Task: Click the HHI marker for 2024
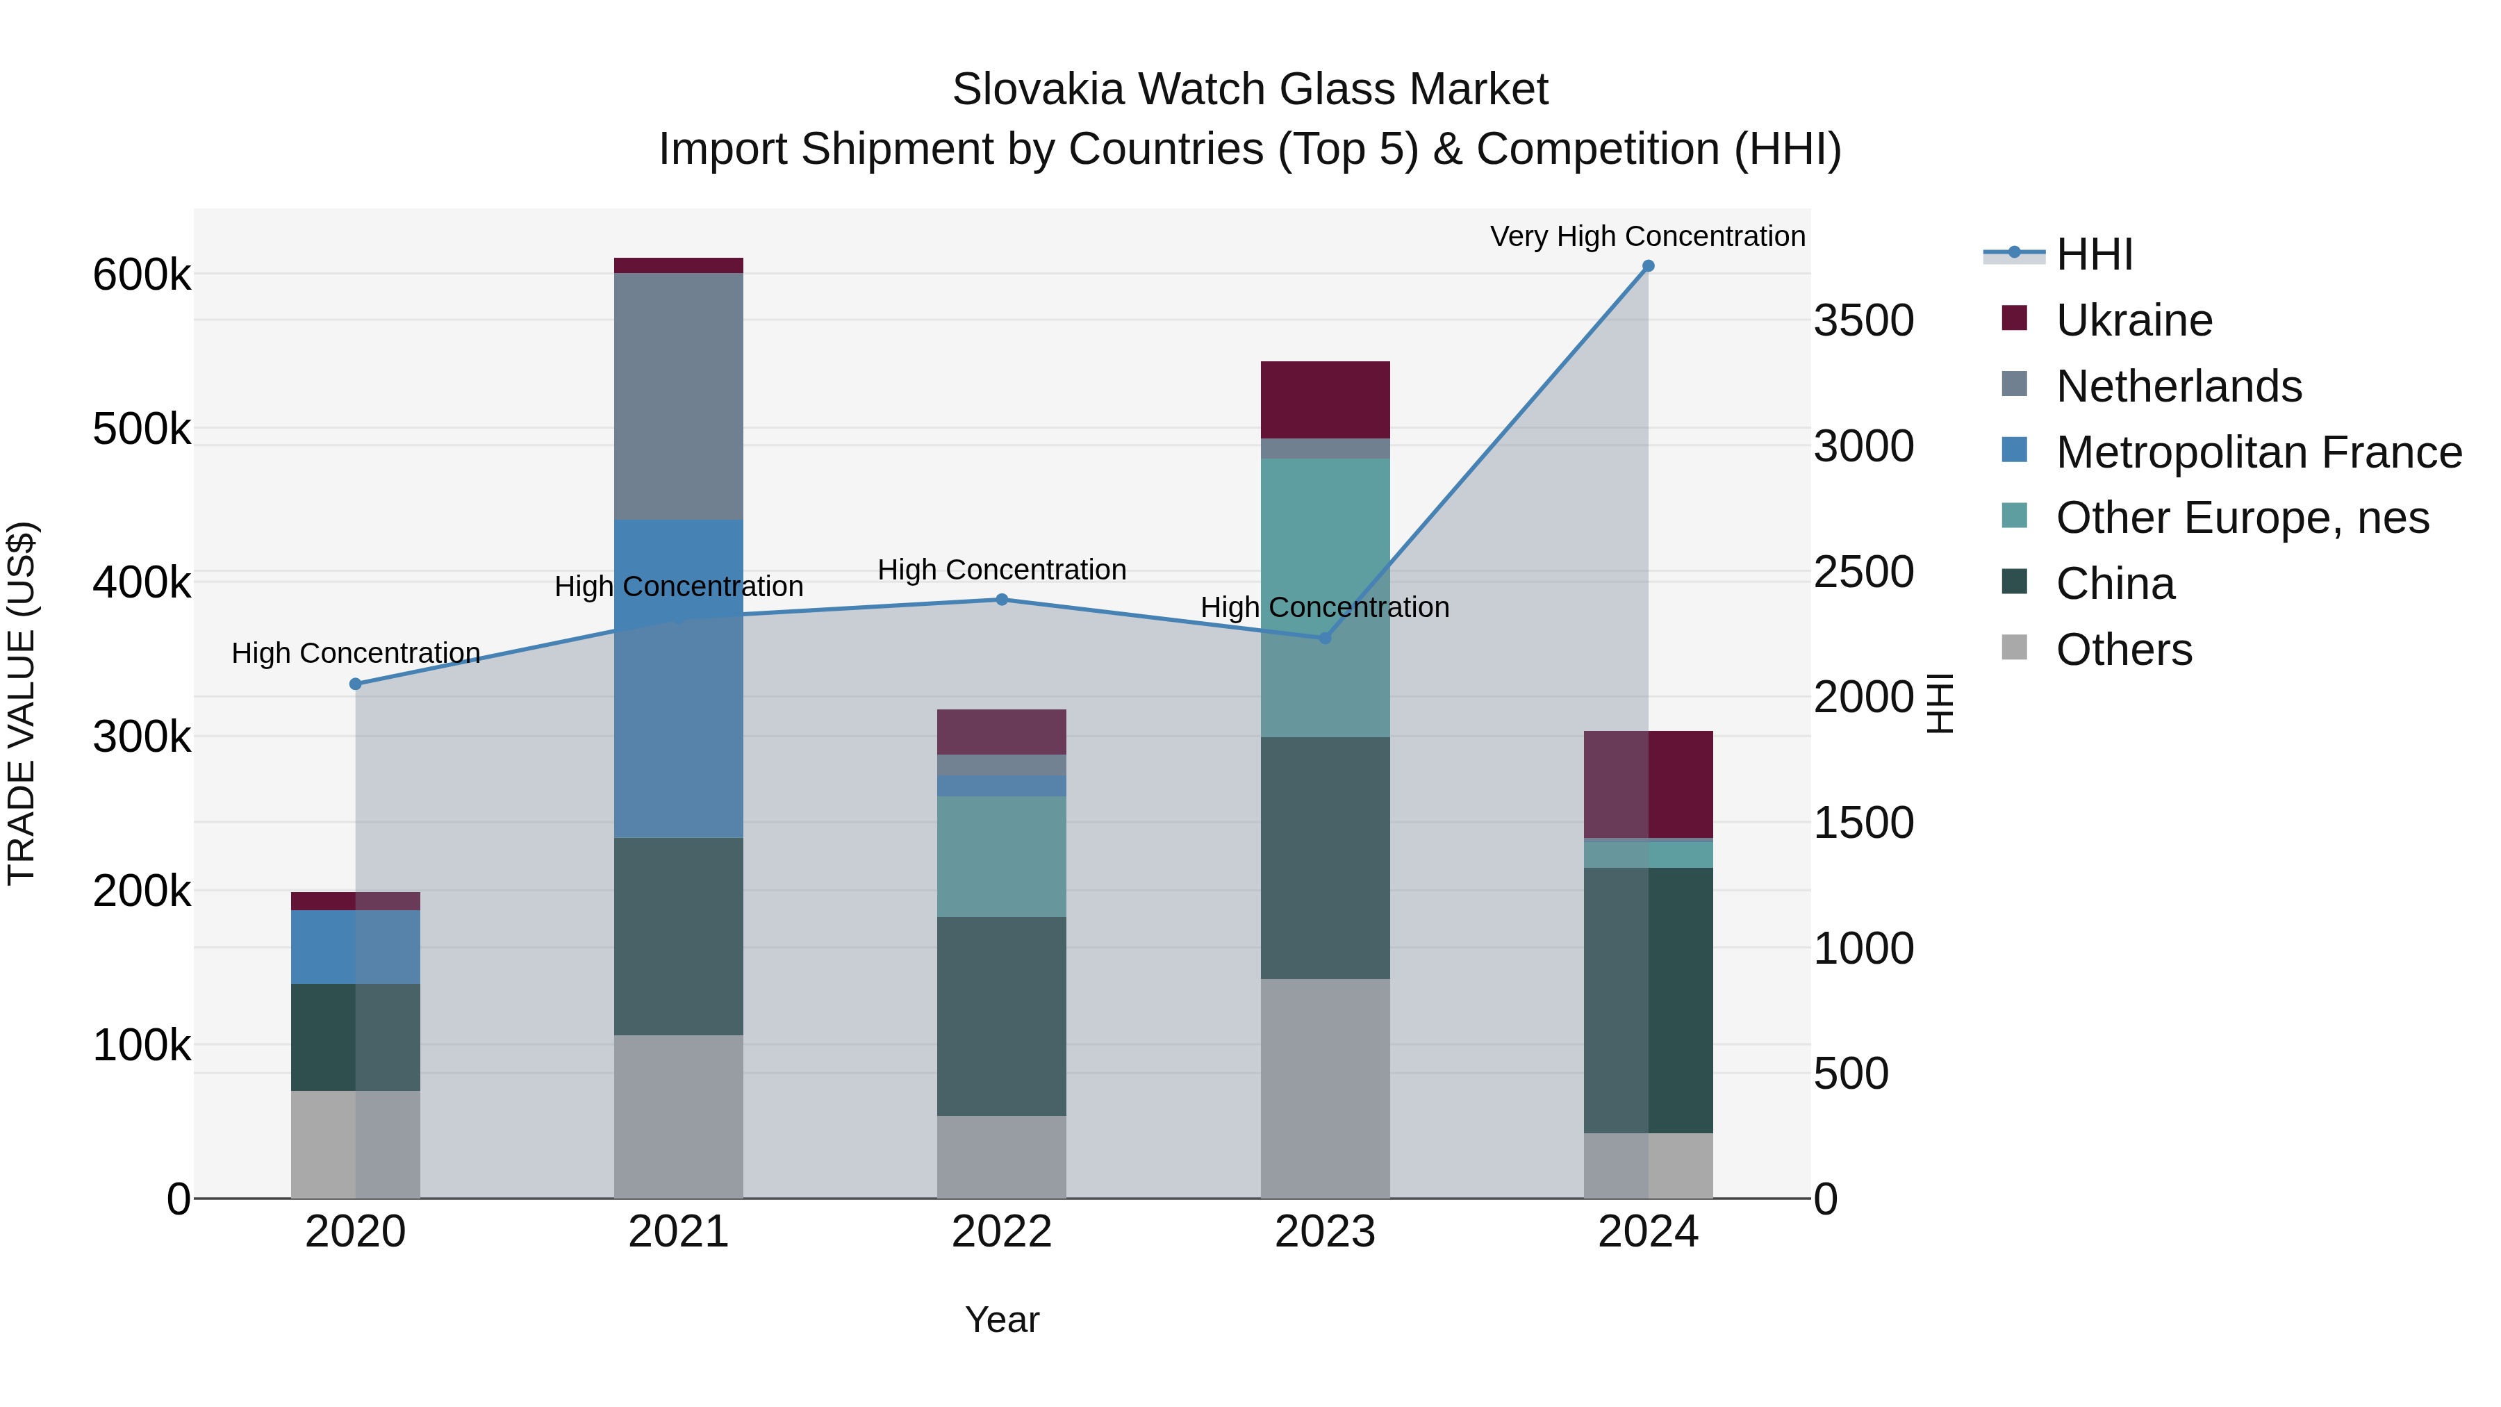1648,266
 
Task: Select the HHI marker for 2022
1002,599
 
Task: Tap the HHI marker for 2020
355,684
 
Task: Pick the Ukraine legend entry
2133,320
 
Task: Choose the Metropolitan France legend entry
2259,452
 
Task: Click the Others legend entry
2123,650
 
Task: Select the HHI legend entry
2093,254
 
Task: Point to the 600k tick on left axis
142,274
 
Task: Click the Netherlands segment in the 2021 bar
679,396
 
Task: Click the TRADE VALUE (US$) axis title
22,703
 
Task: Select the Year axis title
1002,1319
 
